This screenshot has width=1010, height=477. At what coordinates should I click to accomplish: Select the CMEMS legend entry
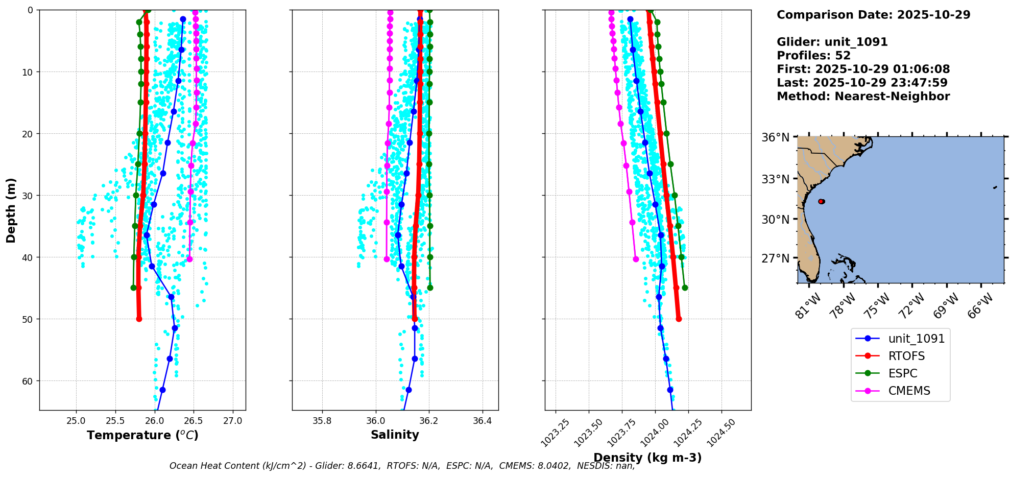[900, 391]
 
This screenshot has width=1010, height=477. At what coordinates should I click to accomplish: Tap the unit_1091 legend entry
[900, 339]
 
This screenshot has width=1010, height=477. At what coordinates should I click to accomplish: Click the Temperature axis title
[142, 435]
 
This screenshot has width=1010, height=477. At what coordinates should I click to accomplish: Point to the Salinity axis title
[395, 435]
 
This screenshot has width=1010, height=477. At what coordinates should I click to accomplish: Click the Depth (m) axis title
[11, 210]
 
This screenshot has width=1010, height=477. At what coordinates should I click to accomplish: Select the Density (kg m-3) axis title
[647, 458]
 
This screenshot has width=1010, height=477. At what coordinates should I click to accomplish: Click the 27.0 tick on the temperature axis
[233, 421]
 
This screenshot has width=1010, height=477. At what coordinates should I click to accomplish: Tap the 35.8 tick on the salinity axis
[322, 421]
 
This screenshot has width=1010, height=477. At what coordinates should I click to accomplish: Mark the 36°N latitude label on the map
[776, 137]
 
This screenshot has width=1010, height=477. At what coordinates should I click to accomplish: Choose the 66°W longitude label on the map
[980, 305]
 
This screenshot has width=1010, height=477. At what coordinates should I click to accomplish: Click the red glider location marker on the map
[821, 201]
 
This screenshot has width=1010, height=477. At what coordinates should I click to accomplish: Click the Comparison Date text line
[873, 15]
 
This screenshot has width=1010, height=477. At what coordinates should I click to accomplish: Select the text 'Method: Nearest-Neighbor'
[863, 97]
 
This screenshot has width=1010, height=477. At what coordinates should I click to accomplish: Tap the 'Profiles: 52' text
[814, 56]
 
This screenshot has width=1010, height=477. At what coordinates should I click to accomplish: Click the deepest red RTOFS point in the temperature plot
[139, 319]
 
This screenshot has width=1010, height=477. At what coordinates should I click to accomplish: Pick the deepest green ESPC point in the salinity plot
[430, 288]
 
